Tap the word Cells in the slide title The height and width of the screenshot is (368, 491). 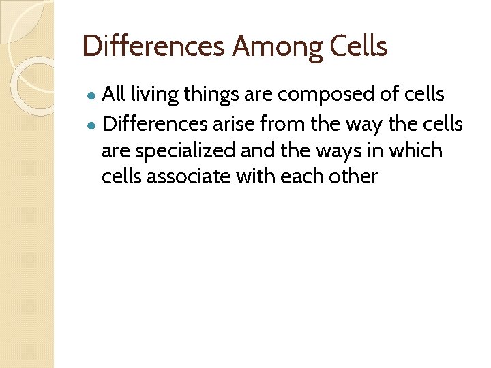(359, 47)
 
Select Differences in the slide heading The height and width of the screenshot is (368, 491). (153, 47)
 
